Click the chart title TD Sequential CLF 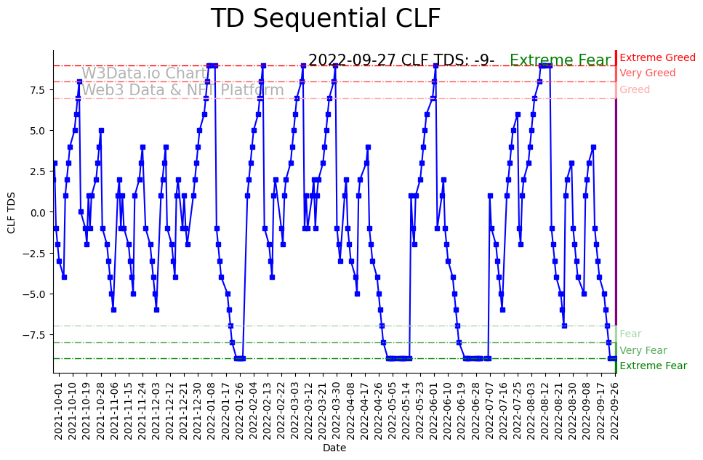tap(325, 19)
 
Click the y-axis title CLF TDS tap(12, 212)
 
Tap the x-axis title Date tap(334, 448)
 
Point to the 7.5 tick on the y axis tap(37, 89)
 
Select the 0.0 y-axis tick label tap(37, 212)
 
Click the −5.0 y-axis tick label tap(35, 294)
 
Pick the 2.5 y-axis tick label tap(37, 172)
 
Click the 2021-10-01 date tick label tap(60, 408)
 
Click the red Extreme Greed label tap(657, 58)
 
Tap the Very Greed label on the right tap(647, 73)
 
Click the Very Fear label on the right tap(643, 350)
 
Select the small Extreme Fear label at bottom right tap(653, 366)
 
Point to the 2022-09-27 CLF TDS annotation tap(401, 60)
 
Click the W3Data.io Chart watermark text tap(144, 73)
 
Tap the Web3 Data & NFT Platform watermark tap(182, 90)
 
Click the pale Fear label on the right tap(630, 334)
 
